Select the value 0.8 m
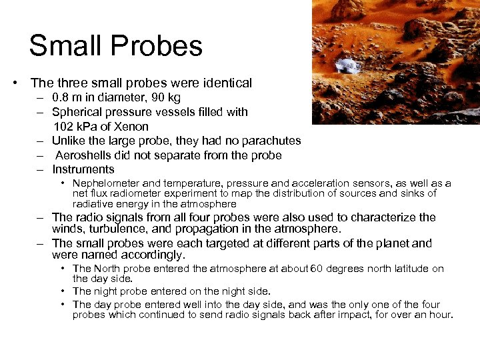point(67,98)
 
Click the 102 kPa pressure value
point(81,126)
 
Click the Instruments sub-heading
point(83,169)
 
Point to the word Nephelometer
point(107,183)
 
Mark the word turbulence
point(115,230)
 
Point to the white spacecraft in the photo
point(346,66)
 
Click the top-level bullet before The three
point(14,83)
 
